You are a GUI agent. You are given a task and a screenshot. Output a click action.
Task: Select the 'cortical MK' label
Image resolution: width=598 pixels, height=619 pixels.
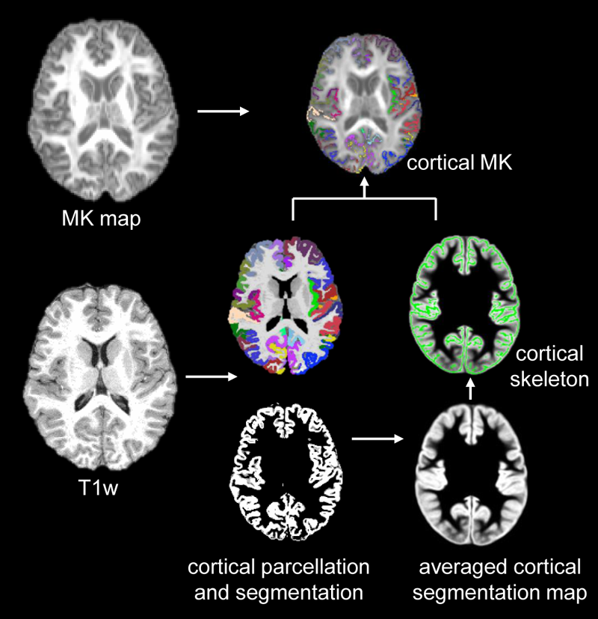click(x=458, y=162)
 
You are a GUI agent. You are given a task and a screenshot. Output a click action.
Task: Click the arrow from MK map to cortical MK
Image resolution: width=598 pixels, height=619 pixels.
click(x=222, y=112)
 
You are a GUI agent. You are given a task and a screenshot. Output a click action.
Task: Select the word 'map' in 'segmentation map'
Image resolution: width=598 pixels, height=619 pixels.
click(x=568, y=593)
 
